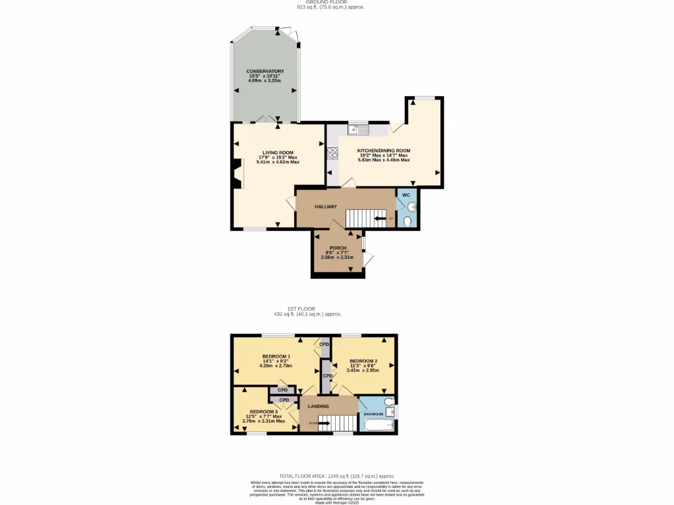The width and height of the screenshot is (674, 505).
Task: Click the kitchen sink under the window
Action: coord(359,130)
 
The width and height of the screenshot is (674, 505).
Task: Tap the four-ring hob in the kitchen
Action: coord(332,154)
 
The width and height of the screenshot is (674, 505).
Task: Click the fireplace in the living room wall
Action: coord(236,175)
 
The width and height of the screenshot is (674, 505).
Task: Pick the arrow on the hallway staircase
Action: coord(380,218)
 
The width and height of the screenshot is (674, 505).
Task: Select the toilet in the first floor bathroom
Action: coord(388,400)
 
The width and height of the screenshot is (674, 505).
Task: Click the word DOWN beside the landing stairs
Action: coord(312,423)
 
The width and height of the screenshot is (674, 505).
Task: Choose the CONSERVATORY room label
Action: coord(265,71)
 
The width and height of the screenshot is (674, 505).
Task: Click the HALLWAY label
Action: coord(325,206)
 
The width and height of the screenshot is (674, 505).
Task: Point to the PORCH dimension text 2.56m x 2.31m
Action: coord(338,256)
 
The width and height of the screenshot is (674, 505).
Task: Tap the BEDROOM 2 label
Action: coord(363,361)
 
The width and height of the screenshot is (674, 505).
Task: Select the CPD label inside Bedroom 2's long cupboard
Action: coord(327,376)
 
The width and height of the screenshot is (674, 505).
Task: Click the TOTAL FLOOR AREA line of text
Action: coord(336,475)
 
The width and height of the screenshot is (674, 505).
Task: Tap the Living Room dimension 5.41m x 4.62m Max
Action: coord(277,162)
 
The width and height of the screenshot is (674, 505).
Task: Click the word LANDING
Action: coord(318,406)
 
